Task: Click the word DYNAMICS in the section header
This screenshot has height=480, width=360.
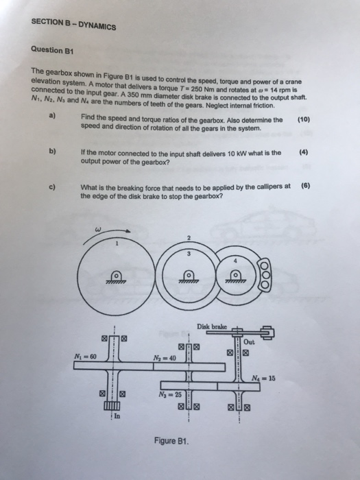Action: [x=94, y=26]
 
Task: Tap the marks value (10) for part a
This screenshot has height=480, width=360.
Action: [x=304, y=119]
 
